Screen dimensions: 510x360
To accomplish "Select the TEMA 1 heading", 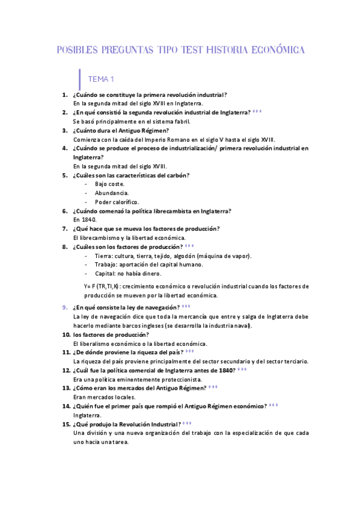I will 101,79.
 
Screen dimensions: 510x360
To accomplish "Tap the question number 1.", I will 65,95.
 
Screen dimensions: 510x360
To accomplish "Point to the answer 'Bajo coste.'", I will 110,183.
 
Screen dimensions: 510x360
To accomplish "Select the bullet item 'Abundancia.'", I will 112,192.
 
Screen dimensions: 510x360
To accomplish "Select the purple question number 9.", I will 65,307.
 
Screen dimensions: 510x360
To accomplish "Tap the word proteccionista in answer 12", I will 182,379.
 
